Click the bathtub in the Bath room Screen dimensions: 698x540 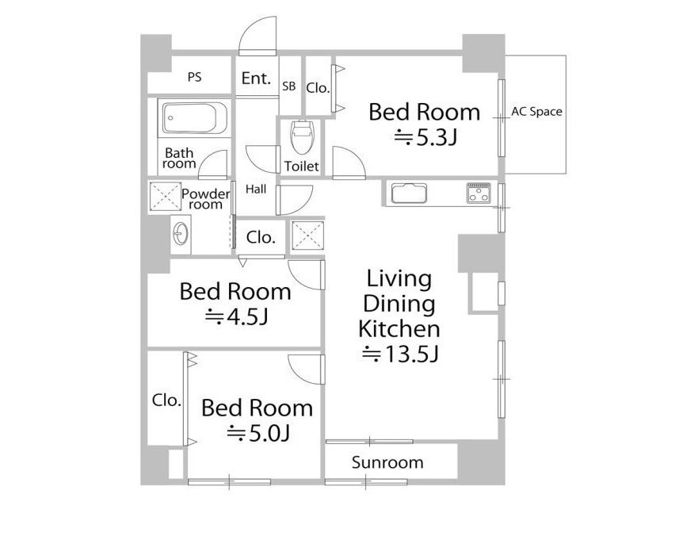coord(195,117)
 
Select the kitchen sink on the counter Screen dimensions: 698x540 coord(409,193)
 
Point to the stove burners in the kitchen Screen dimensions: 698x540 coord(479,193)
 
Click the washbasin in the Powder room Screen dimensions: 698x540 coord(181,233)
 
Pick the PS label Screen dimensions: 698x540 coord(195,77)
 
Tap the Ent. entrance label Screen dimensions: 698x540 coord(256,79)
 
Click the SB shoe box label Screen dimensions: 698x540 coord(289,86)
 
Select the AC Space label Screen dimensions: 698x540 coord(536,111)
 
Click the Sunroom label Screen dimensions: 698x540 coord(387,462)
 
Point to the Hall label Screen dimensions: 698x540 coord(256,189)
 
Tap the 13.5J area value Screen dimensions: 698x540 coord(401,354)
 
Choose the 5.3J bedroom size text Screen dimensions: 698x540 coord(426,138)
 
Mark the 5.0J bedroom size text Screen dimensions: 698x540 coord(258,433)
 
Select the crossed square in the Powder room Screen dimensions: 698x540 coord(165,196)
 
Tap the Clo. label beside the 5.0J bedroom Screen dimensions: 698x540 coord(166,400)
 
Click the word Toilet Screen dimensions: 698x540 coord(302,167)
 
